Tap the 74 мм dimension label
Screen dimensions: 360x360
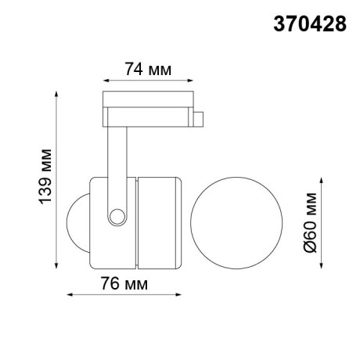(x=149, y=69)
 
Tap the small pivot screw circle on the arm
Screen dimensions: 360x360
(x=117, y=215)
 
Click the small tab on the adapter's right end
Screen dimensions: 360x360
(x=200, y=119)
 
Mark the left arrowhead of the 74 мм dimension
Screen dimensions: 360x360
(x=106, y=80)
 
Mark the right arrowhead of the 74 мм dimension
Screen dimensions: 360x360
(x=193, y=80)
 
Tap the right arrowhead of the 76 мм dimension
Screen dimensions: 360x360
(x=182, y=295)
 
